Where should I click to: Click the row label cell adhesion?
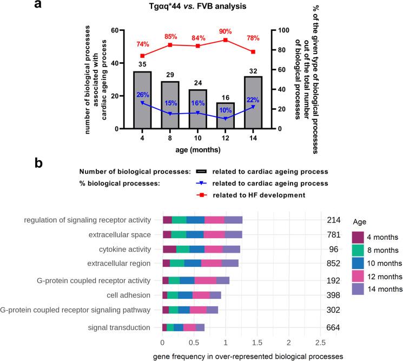pyautogui.click(x=133, y=295)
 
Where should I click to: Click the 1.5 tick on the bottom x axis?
pyautogui.click(x=257, y=343)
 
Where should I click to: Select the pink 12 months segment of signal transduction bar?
pyautogui.click(x=189, y=327)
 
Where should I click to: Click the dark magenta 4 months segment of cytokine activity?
pyautogui.click(x=169, y=249)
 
